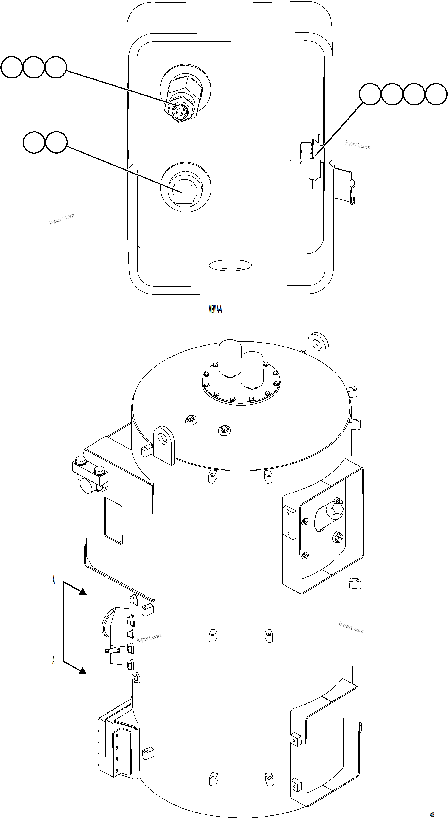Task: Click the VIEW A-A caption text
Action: pyautogui.click(x=215, y=309)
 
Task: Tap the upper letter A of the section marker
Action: pyautogui.click(x=54, y=580)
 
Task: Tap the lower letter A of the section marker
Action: pyautogui.click(x=54, y=660)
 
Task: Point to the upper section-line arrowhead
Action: pyautogui.click(x=82, y=591)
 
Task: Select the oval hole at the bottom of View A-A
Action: pyautogui.click(x=230, y=265)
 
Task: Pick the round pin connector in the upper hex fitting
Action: pyautogui.click(x=180, y=110)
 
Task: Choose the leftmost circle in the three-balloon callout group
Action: pyautogui.click(x=11, y=67)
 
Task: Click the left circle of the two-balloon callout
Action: pyautogui.click(x=34, y=142)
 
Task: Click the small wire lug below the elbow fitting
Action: pyautogui.click(x=114, y=651)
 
